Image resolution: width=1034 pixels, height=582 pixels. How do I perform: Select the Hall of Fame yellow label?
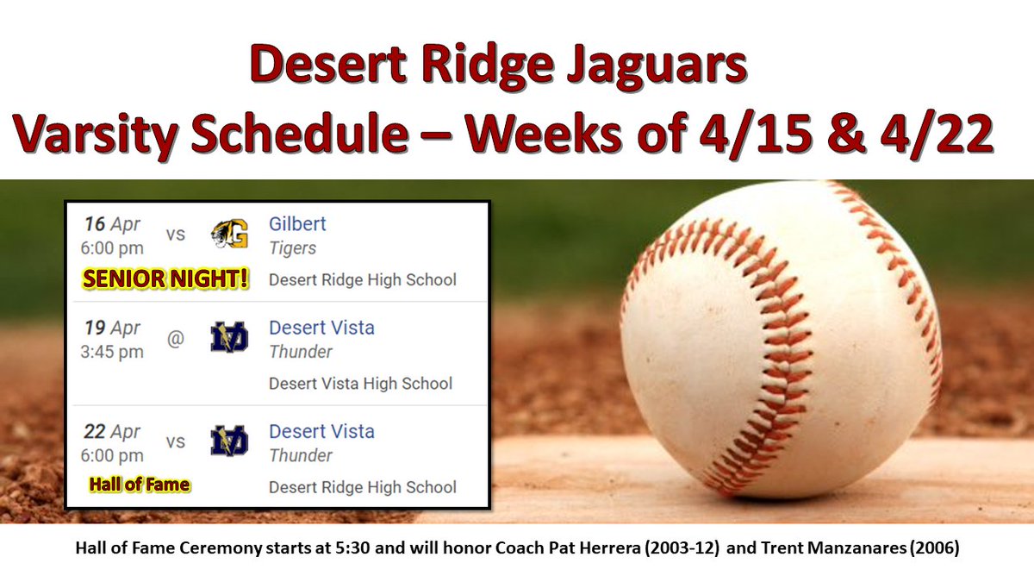[140, 485]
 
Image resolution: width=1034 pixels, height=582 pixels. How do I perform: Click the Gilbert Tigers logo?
[229, 235]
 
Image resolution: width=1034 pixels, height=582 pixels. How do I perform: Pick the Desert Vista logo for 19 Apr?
[229, 338]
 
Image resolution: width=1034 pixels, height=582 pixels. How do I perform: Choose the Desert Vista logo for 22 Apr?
[229, 441]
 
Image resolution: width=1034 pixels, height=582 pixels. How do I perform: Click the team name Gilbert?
[297, 224]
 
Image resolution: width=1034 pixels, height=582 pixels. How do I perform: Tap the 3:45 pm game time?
[114, 353]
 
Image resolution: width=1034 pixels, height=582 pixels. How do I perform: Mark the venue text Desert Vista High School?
[360, 384]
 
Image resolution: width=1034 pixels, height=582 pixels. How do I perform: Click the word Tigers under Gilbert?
[292, 248]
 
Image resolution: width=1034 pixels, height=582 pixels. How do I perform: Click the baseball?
[780, 341]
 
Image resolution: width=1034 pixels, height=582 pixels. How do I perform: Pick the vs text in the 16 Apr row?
[175, 235]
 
